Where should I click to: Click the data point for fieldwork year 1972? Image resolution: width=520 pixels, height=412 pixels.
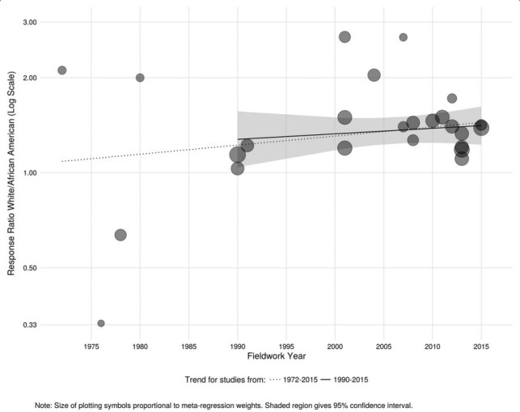tap(62, 70)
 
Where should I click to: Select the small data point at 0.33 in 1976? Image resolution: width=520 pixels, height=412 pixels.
tap(101, 323)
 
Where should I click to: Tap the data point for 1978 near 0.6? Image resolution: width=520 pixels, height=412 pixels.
tap(120, 235)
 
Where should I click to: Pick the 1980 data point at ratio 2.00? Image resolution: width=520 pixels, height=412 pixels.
tap(140, 78)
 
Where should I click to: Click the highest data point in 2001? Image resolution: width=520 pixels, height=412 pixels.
tap(345, 37)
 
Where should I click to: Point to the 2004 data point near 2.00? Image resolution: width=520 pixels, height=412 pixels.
tap(374, 75)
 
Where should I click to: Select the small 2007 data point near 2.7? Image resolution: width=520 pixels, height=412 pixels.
tap(404, 37)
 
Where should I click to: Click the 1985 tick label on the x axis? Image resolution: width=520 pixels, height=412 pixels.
tap(188, 346)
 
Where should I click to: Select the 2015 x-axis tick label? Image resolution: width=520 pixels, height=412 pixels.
tap(481, 346)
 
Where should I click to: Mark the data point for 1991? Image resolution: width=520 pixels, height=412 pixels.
tap(247, 146)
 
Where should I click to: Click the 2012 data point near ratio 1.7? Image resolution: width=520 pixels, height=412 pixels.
tap(452, 99)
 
